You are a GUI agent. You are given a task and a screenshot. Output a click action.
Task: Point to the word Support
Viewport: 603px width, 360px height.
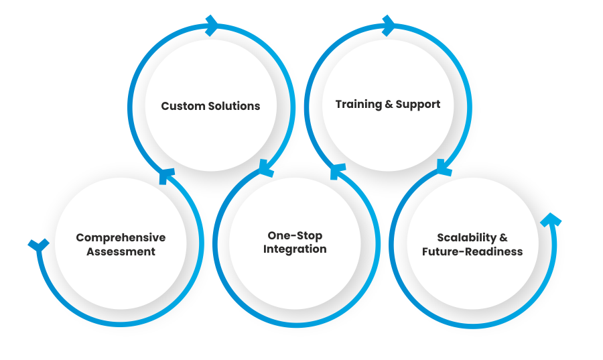coord(418,105)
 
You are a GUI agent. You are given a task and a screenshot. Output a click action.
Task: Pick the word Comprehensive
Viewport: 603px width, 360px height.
coord(121,238)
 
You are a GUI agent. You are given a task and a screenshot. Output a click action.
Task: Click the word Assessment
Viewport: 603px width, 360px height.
coord(121,252)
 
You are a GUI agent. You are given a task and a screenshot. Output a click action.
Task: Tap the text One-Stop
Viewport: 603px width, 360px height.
coord(295,235)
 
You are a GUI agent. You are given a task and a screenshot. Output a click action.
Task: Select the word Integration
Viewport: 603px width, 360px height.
coord(295,249)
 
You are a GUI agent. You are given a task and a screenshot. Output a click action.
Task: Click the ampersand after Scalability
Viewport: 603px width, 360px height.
coord(503,237)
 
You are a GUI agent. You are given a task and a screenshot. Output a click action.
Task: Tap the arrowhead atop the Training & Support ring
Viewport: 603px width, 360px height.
coord(387,25)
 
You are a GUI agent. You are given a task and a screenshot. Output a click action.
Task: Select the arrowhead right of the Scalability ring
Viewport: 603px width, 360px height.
coord(550,221)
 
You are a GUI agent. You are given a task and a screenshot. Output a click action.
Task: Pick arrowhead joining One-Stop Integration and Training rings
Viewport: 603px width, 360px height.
coord(338,172)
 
